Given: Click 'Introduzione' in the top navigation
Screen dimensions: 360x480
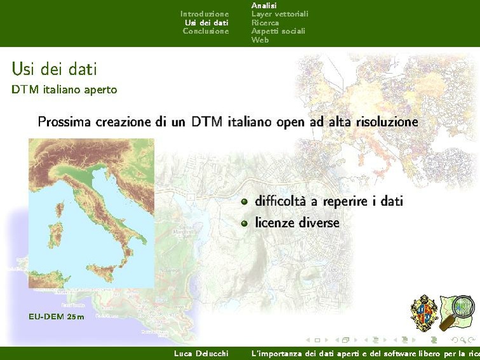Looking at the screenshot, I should coord(204,13).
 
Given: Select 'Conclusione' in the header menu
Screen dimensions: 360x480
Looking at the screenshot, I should coord(205,31).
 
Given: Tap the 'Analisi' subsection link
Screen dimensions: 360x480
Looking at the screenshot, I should coord(264,5).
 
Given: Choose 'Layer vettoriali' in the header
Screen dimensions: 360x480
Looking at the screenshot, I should coord(279,13).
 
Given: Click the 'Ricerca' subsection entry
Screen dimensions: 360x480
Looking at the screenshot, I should coord(264,22).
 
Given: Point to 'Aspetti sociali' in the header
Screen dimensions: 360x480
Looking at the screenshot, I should coord(278,31).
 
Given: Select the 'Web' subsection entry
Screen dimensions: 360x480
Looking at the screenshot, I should coord(259,39).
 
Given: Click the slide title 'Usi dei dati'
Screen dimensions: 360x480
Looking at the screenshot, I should coord(54,69).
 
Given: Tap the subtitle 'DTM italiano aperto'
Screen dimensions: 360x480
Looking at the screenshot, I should coord(64,90).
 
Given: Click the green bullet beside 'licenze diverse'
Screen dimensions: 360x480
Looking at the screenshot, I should coord(244,223).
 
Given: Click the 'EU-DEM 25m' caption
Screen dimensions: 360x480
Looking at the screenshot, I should coord(56,316).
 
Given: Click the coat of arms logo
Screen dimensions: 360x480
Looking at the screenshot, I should coord(425,312).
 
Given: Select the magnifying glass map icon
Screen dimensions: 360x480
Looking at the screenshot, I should coord(459,310).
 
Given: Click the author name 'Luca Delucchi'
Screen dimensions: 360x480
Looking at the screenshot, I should coord(201,353).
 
